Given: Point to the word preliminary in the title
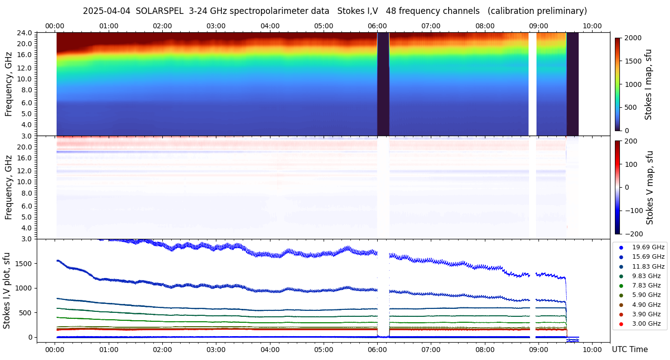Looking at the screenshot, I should click(560, 11).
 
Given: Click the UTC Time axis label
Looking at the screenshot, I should click(629, 350).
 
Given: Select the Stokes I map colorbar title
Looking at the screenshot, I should click(648, 84).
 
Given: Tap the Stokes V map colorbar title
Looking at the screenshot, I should click(650, 187).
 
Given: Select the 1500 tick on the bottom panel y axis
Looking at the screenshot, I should click(23, 264).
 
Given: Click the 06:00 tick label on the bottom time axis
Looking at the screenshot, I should click(377, 350).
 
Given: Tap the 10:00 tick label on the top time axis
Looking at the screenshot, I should click(592, 26).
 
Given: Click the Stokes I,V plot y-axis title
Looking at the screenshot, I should click(7, 290).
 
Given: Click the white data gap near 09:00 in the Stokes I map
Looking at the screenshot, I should click(532, 84).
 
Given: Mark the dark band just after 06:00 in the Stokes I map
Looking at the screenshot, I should click(383, 84).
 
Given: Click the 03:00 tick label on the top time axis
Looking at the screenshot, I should click(216, 26).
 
